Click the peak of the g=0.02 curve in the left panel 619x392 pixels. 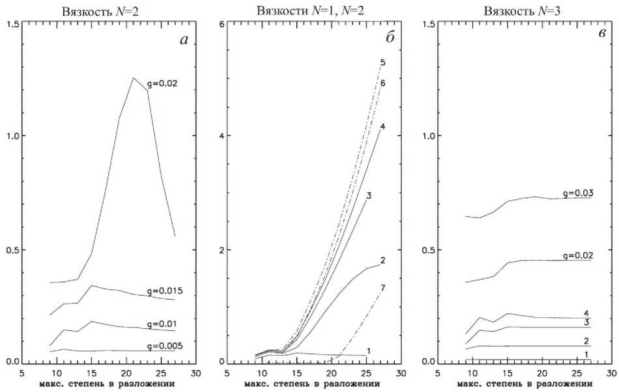point(134,77)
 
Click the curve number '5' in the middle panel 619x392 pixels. point(384,63)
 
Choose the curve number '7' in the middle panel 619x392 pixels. point(383,287)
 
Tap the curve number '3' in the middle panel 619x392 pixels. point(369,195)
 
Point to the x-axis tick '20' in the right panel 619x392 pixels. point(541,373)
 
